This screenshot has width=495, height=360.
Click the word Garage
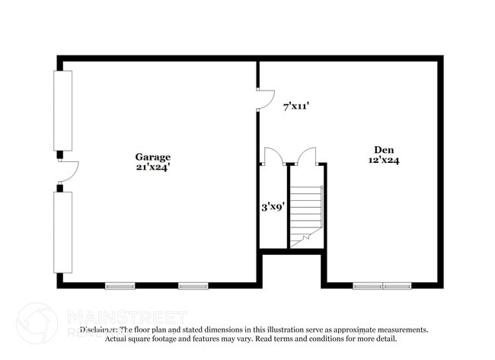(152, 158)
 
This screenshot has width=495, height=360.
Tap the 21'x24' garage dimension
(152, 167)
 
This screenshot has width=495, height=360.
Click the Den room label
(384, 149)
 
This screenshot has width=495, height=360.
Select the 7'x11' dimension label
(295, 107)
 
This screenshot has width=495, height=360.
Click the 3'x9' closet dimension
(273, 205)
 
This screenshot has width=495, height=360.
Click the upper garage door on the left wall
(63, 110)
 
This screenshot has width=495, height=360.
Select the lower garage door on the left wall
(63, 231)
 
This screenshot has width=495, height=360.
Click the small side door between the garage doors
(66, 171)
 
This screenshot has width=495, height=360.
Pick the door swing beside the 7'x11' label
(266, 99)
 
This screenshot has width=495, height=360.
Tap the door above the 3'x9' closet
(273, 156)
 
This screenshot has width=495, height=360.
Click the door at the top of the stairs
(306, 156)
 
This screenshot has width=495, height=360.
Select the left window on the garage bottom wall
(120, 286)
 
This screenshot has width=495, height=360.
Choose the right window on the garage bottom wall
(193, 286)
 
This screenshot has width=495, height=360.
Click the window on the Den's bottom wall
(382, 286)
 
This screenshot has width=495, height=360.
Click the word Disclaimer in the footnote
(100, 330)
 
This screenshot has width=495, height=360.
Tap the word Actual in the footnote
(117, 339)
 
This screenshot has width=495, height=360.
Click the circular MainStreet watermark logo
(37, 323)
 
